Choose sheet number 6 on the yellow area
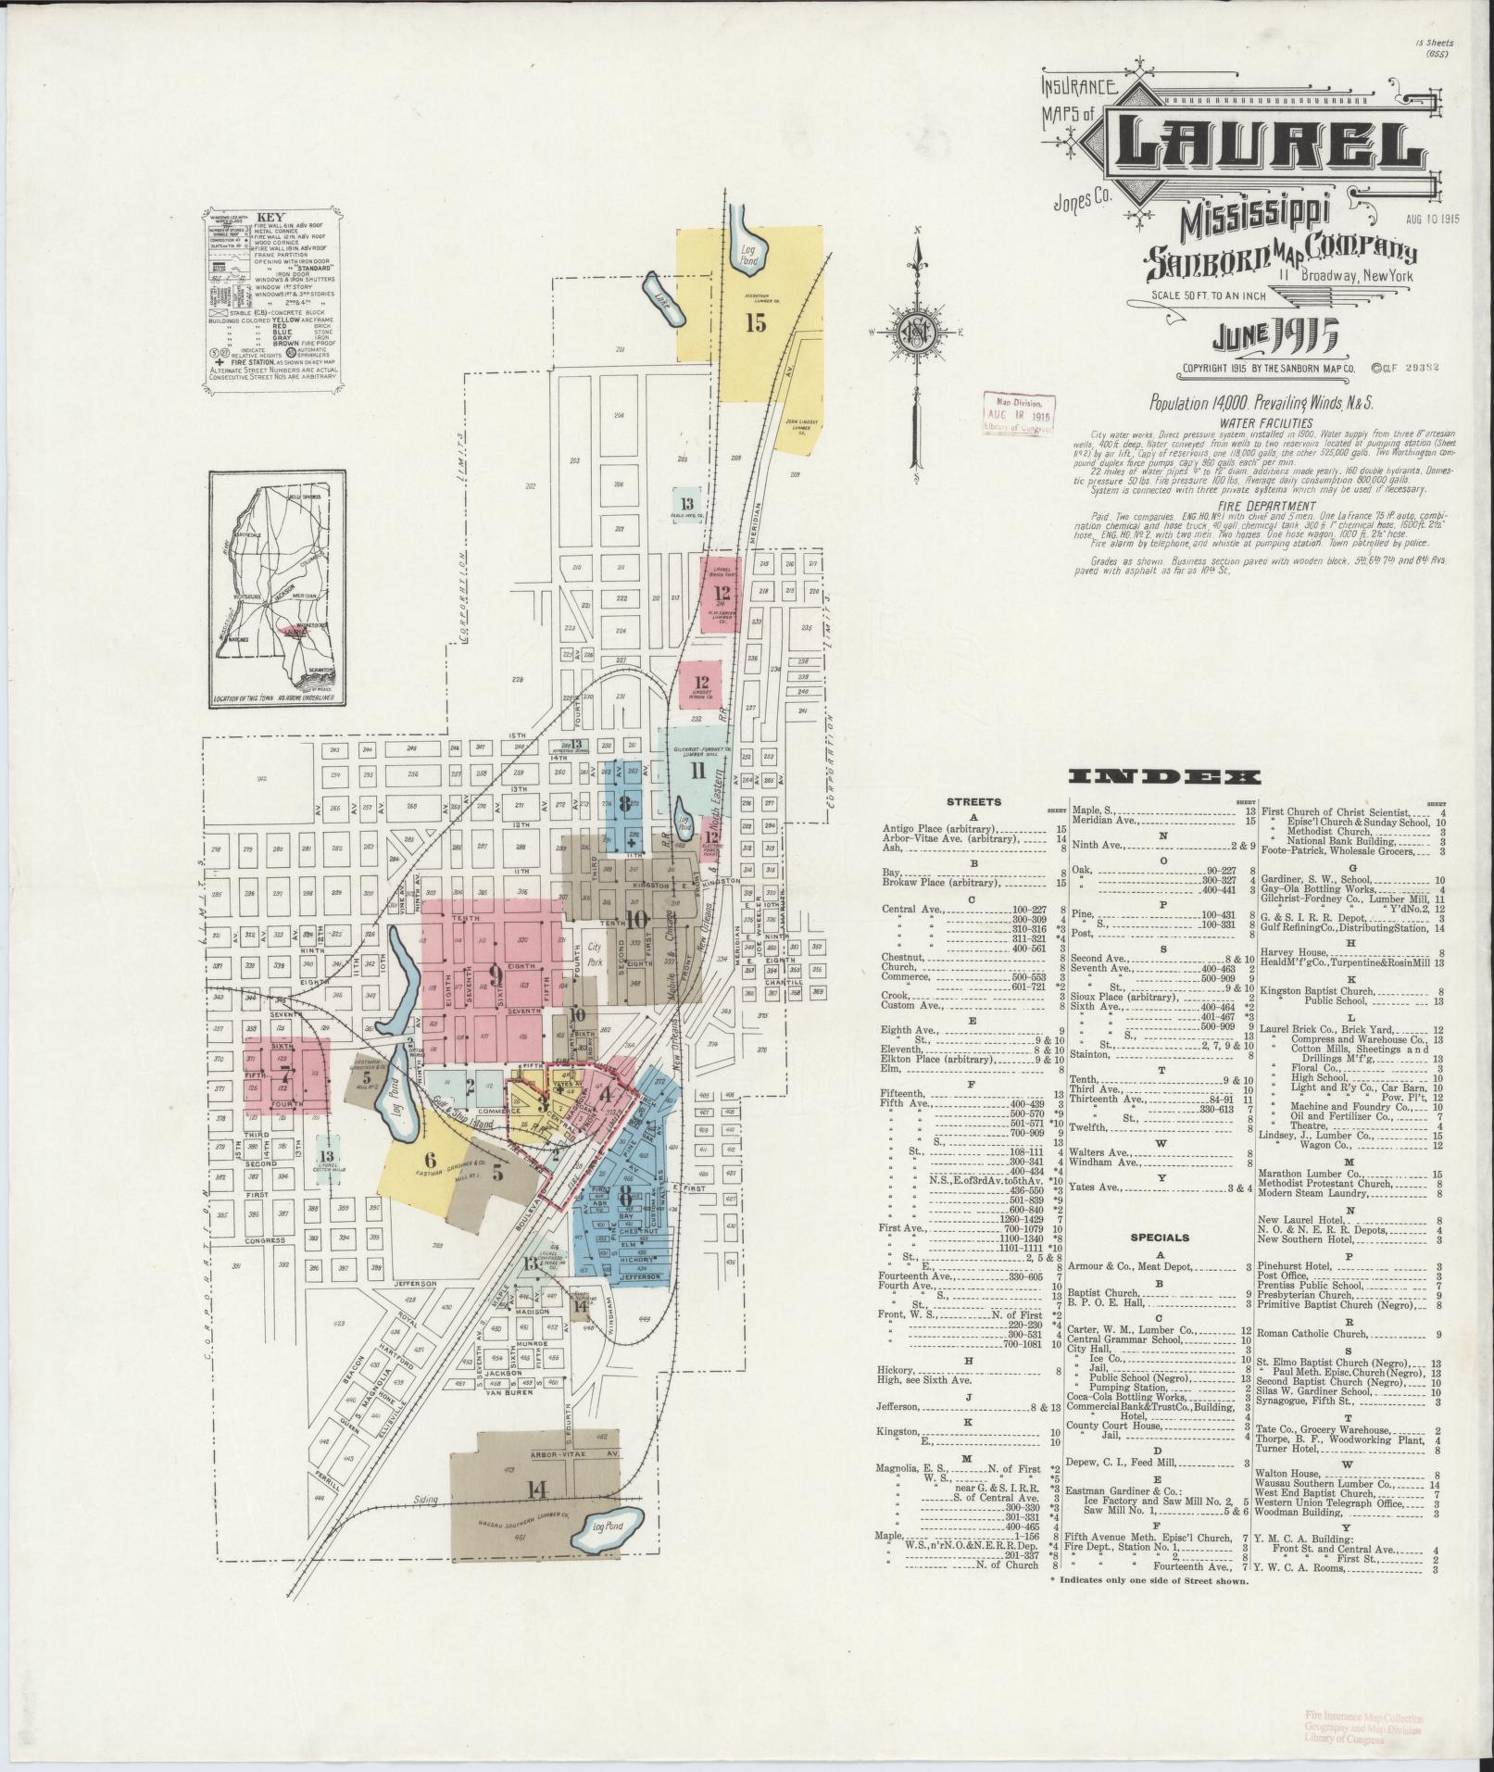pos(430,1159)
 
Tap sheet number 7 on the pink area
pos(286,1078)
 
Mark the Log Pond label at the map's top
pos(748,254)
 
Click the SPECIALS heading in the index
pos(1159,1237)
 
